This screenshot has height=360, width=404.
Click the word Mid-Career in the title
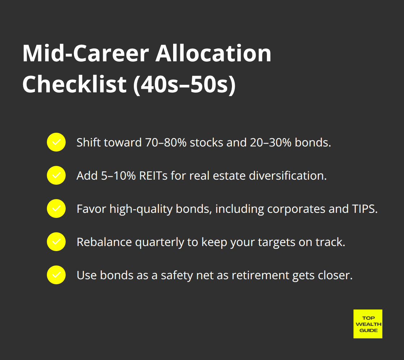tap(85, 54)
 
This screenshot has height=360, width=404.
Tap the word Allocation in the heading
tap(213, 54)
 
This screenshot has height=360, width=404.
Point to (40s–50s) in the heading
tap(184, 84)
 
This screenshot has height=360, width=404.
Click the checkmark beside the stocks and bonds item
tap(56, 142)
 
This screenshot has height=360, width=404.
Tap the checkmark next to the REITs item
tap(56, 175)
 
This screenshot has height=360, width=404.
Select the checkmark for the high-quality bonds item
tap(56, 208)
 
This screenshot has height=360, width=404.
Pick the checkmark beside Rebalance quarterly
tap(56, 242)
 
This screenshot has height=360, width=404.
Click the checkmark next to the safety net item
tap(56, 275)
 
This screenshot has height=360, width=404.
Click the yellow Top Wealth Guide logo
tap(368, 324)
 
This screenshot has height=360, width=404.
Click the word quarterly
tap(161, 242)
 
